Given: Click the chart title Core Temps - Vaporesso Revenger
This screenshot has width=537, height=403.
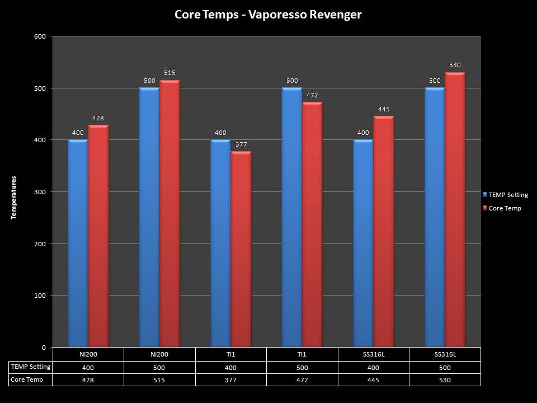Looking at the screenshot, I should tap(268, 15).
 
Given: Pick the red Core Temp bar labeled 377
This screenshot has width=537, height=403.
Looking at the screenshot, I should tap(241, 249).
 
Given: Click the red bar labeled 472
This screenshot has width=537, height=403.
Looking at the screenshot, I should tap(312, 224).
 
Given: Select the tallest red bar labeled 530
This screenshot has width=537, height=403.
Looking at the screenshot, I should tap(455, 210).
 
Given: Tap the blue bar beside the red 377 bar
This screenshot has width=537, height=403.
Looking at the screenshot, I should tap(220, 243).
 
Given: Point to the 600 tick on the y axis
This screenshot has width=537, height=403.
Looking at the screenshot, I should tap(41, 36).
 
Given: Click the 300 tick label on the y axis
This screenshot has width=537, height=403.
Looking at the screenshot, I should tap(41, 192).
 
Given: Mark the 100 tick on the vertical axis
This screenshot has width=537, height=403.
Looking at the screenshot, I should tap(41, 296).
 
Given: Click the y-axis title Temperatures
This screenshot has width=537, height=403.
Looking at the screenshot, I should tap(14, 198).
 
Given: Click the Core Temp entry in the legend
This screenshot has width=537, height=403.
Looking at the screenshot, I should tap(505, 208).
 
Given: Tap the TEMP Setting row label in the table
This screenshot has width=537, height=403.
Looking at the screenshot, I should tap(31, 367).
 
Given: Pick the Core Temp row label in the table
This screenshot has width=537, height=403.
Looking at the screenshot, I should tap(27, 379).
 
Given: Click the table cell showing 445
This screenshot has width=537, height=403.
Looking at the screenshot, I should tap(373, 380).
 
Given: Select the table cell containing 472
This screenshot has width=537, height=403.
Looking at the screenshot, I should tap(302, 380).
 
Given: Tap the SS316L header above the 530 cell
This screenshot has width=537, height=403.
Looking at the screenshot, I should tap(445, 354).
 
